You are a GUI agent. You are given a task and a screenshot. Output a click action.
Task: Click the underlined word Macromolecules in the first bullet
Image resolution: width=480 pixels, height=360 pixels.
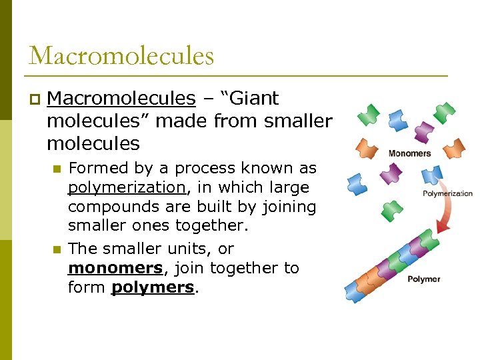[121, 99]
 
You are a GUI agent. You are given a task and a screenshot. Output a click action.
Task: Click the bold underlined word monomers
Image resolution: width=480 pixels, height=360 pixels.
[115, 268]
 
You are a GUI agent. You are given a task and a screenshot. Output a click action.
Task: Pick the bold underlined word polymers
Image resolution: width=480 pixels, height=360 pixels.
[153, 287]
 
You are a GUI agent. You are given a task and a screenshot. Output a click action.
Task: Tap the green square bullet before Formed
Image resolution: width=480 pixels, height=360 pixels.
[57, 169]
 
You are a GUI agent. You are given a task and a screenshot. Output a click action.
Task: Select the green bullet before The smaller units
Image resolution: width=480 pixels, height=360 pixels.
[57, 249]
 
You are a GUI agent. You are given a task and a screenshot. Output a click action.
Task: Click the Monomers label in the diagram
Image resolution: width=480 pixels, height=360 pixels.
[409, 153]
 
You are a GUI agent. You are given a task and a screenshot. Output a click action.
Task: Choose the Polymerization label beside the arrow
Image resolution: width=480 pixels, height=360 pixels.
[447, 194]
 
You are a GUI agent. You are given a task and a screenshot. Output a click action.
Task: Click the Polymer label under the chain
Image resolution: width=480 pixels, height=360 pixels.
[424, 279]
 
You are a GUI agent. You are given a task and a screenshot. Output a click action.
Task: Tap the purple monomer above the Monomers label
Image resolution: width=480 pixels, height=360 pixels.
[423, 131]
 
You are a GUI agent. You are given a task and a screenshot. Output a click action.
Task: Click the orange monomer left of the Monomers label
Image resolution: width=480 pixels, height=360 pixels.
[367, 147]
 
